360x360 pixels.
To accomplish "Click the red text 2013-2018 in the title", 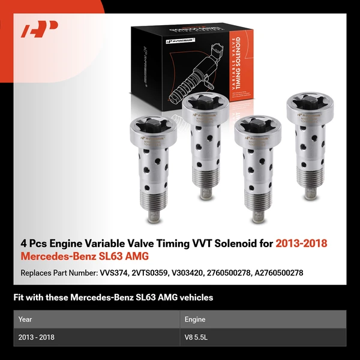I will tap(302, 244).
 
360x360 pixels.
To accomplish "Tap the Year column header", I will tap(25, 319).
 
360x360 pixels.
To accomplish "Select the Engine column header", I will tap(196, 319).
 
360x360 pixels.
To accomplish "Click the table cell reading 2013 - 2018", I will tap(37, 337).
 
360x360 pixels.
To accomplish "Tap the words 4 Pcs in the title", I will tap(32, 244).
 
